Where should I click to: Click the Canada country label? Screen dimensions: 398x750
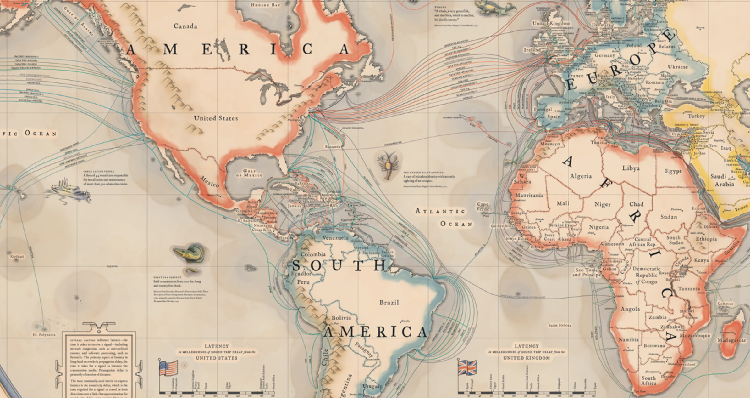point(185,26)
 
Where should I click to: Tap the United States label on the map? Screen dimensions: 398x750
point(216,118)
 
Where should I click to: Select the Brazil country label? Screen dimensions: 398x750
point(389,303)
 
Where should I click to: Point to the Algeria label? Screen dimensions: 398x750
point(581,176)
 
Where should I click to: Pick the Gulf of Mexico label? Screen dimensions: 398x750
point(249,173)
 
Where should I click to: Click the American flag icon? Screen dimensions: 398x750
point(168,368)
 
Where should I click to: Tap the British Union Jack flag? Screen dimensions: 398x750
point(467,368)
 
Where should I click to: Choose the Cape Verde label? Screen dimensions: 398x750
point(483,207)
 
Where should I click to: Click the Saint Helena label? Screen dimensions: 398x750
point(560,325)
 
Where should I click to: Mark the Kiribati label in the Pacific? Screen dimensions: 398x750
point(17,257)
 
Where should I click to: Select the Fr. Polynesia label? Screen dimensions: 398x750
point(44,334)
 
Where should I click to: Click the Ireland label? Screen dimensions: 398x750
point(532,50)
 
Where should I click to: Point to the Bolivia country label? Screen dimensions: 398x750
point(341,318)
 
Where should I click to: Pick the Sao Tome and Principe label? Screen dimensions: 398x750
point(586,272)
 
